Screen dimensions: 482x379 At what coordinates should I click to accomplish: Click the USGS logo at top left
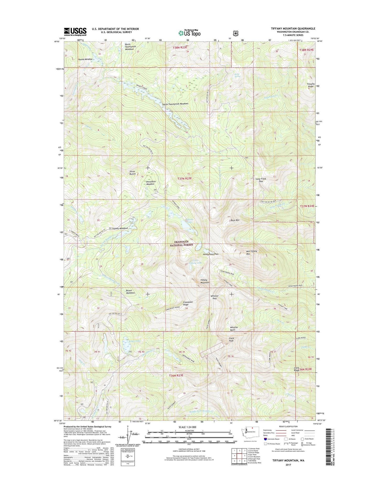[75, 32]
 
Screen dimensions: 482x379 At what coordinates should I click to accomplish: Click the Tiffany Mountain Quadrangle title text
[293, 29]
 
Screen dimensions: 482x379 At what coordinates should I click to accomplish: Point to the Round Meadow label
[85, 59]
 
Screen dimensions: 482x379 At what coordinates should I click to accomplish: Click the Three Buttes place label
[132, 173]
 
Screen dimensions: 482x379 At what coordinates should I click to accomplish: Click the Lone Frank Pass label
[261, 180]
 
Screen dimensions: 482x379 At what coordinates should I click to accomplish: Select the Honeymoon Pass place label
[211, 254]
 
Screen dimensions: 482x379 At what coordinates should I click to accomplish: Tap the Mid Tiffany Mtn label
[252, 253]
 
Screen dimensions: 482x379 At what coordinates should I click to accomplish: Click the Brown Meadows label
[130, 292]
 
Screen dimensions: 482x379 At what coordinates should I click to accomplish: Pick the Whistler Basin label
[234, 329]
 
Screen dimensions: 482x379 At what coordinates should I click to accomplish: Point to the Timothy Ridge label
[310, 85]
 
